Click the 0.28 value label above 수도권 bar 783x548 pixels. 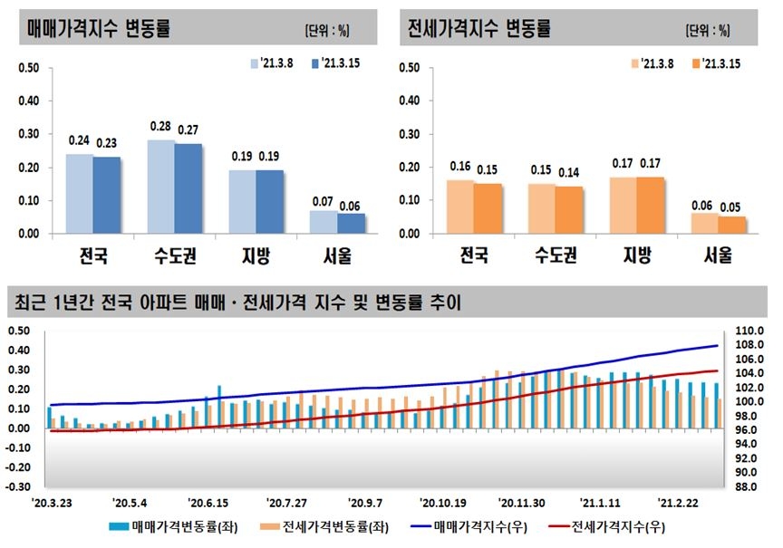pyautogui.click(x=160, y=125)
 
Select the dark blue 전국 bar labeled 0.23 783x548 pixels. pyautogui.click(x=107, y=195)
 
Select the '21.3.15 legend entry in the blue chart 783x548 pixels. pyautogui.click(x=332, y=63)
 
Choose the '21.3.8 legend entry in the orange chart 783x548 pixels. pyautogui.click(x=649, y=63)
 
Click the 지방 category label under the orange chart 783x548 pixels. pyautogui.click(x=636, y=255)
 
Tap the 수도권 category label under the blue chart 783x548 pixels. pyautogui.click(x=175, y=255)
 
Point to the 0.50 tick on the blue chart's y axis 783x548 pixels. pyautogui.click(x=29, y=68)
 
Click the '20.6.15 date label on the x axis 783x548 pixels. pyautogui.click(x=208, y=501)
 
